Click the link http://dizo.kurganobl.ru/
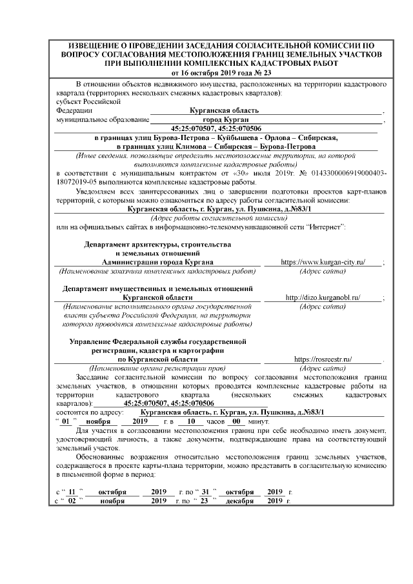323,297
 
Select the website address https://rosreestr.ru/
323,358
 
